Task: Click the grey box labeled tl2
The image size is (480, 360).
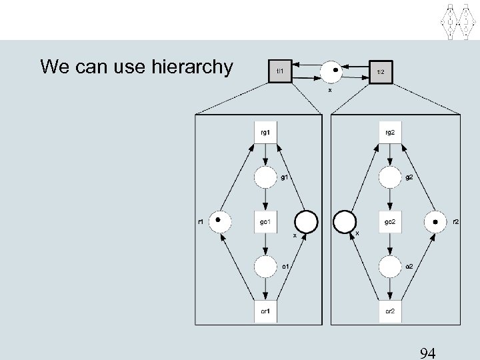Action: [381, 72]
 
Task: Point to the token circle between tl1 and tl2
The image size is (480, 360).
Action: [331, 71]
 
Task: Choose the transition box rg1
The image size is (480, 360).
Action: [265, 132]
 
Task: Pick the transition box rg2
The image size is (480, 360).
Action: [391, 132]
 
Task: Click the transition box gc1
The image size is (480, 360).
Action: [265, 222]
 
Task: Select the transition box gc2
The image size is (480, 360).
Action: [391, 222]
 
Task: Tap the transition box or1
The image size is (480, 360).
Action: [265, 311]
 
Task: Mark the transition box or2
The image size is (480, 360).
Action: [391, 311]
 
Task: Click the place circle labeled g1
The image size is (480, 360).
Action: [265, 177]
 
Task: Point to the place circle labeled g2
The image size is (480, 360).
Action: [391, 177]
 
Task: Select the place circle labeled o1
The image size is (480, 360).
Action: [265, 267]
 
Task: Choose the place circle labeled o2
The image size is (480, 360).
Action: [391, 267]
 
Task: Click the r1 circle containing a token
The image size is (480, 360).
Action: [219, 221]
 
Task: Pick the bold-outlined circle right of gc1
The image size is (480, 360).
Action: [307, 221]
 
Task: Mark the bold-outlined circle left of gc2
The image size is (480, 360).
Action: [345, 221]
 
